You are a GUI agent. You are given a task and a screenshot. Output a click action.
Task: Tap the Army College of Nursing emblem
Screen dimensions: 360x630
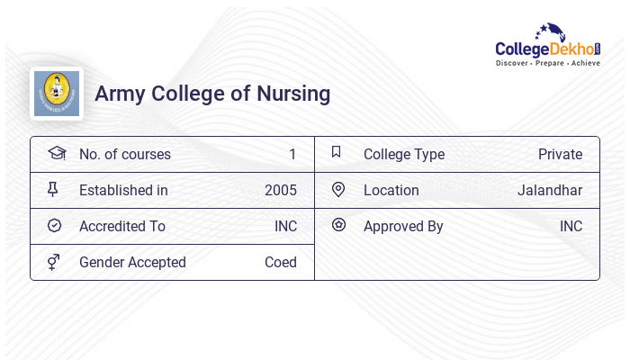pos(57,94)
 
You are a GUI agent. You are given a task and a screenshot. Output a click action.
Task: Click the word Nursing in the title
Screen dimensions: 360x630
pos(294,94)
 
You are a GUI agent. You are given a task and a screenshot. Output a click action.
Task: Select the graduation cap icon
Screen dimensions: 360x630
pos(56,153)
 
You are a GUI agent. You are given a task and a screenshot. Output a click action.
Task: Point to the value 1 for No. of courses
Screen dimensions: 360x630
pos(292,155)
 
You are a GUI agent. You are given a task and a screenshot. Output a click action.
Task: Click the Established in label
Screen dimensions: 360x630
pos(123,191)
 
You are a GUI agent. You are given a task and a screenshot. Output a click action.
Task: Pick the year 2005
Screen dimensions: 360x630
pos(281,191)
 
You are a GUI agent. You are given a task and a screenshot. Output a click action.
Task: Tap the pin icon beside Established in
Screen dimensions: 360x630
pos(53,190)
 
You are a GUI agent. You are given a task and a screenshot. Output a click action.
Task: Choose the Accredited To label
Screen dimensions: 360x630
pos(122,227)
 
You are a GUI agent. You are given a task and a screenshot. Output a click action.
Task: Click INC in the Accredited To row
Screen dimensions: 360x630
pos(285,227)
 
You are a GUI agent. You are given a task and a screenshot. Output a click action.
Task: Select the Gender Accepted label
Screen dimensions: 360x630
pos(132,263)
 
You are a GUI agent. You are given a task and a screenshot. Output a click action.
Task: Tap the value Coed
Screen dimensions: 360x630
pos(281,263)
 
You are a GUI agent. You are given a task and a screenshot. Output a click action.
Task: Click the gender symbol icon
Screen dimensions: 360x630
pos(53,262)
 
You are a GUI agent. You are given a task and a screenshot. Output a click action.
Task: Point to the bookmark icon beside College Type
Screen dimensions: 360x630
pos(337,152)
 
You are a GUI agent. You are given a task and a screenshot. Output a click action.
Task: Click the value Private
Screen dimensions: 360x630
pos(560,155)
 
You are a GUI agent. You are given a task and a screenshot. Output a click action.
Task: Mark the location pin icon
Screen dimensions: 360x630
pos(338,190)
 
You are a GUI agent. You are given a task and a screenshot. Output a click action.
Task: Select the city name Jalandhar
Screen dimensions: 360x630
pos(550,191)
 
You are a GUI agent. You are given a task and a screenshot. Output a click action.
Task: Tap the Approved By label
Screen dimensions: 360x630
pos(403,227)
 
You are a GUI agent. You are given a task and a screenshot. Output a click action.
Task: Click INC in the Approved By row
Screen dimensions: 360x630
pos(571,227)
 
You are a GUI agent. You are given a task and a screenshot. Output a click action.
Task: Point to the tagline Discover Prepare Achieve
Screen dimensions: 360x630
pos(548,64)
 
